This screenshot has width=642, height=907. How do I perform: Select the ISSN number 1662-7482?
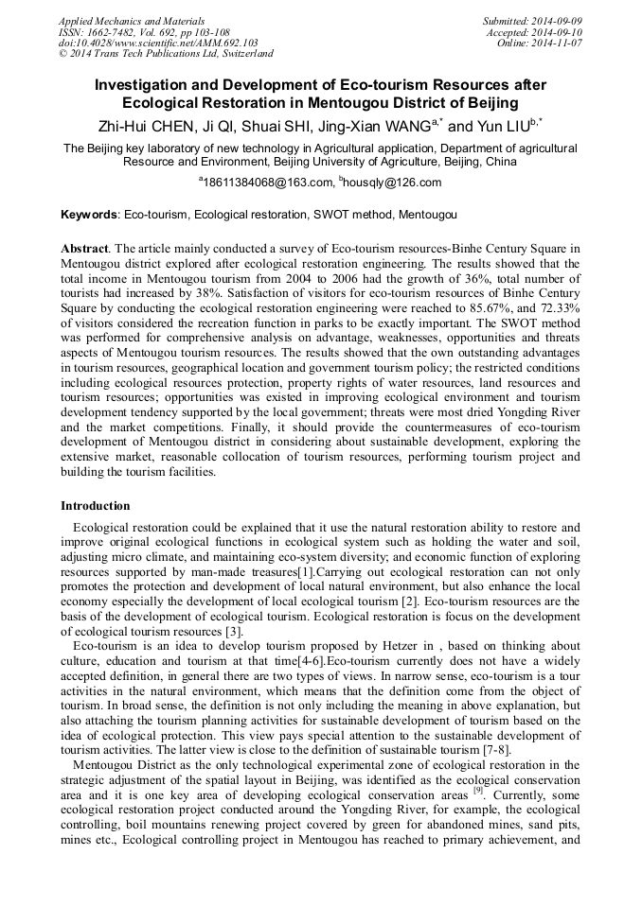click(x=112, y=32)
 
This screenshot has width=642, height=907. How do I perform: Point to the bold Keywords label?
click(x=89, y=216)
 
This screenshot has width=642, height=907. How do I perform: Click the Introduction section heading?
click(x=96, y=506)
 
